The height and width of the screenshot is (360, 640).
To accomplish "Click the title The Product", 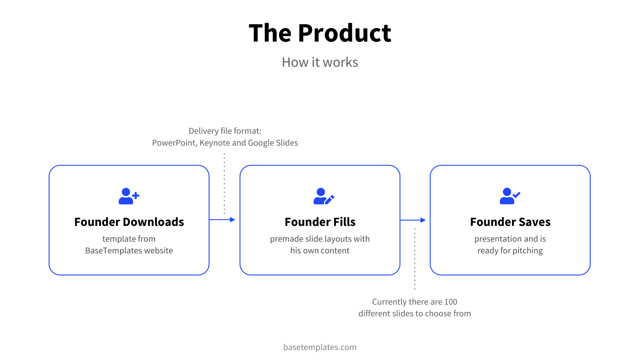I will [x=320, y=33].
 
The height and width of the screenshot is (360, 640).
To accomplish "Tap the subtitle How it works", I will [x=320, y=62].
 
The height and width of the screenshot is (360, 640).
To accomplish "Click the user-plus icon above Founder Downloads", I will [x=129, y=196].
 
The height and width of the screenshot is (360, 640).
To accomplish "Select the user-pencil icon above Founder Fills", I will [x=323, y=196].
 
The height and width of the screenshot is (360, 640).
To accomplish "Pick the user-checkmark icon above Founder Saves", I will [x=510, y=196].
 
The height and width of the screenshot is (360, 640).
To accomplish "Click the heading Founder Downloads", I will [x=129, y=222].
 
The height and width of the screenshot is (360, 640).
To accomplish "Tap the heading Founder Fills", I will [x=320, y=222].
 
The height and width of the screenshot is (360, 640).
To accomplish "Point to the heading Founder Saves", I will [x=510, y=222].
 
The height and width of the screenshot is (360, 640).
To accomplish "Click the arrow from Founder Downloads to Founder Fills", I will [x=222, y=220].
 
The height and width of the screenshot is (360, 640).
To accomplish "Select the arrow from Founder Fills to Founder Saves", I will [x=413, y=220].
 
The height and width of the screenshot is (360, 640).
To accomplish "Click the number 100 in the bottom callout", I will [x=451, y=302].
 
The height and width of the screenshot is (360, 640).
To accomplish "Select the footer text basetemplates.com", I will [x=320, y=347].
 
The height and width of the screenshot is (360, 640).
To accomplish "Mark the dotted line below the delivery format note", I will [x=224, y=184].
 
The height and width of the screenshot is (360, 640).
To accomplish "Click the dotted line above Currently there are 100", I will [x=415, y=259].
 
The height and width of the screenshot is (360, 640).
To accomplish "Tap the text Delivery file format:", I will [x=225, y=131].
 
